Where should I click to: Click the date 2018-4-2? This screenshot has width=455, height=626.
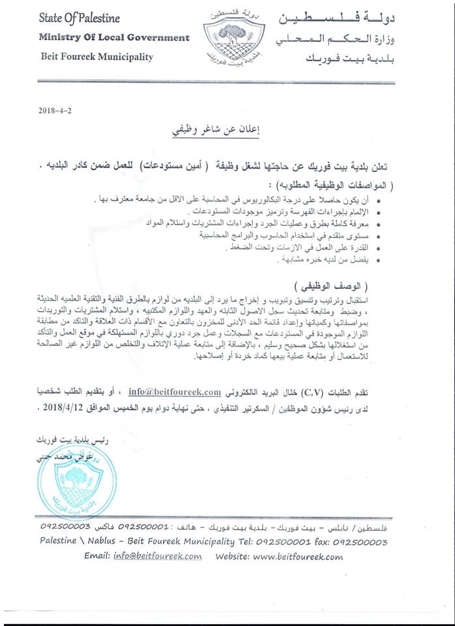(x=55, y=110)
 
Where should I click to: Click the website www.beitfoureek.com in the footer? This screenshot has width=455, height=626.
(x=298, y=556)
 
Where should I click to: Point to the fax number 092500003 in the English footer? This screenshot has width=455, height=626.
(x=360, y=542)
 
